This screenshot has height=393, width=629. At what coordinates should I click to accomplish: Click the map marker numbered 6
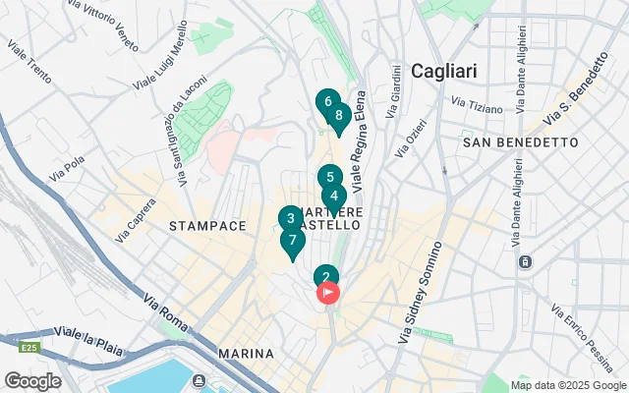[327, 101]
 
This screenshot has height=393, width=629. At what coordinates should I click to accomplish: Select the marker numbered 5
[330, 178]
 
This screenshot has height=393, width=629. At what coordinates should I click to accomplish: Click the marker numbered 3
[289, 219]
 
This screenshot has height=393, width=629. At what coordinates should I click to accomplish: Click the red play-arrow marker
[327, 292]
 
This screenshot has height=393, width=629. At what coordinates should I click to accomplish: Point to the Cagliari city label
[443, 71]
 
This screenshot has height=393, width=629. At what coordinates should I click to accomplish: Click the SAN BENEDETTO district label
[520, 142]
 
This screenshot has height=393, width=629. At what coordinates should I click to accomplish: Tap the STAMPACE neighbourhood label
[207, 226]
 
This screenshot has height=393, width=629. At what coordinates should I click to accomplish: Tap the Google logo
[32, 380]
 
